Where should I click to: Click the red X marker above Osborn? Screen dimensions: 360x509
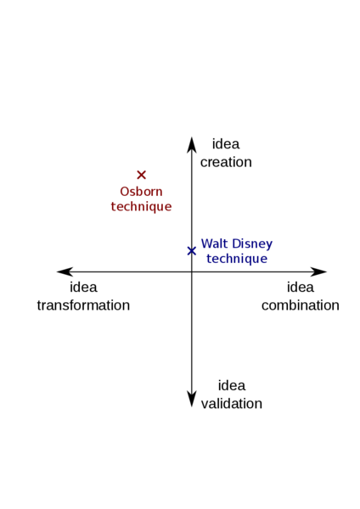pyautogui.click(x=141, y=175)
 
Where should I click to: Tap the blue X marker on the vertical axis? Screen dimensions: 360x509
pyautogui.click(x=192, y=251)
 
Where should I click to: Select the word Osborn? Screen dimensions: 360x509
pyautogui.click(x=141, y=192)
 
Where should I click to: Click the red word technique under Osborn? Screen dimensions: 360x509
pyautogui.click(x=141, y=207)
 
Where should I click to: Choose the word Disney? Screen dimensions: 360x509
pyautogui.click(x=252, y=244)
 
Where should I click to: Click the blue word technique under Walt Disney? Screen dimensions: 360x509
pyautogui.click(x=237, y=259)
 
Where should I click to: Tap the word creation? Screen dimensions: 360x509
pyautogui.click(x=226, y=162)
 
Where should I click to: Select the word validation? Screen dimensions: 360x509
pyautogui.click(x=232, y=404)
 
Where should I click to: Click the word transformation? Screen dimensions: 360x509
pyautogui.click(x=83, y=305)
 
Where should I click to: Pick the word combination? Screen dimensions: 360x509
pyautogui.click(x=301, y=305)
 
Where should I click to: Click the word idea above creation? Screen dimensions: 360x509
pyautogui.click(x=226, y=144)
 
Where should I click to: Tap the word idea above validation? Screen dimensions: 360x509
pyautogui.click(x=232, y=385)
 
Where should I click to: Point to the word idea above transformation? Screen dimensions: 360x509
pyautogui.click(x=83, y=287)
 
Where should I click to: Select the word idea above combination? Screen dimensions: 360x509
pyautogui.click(x=301, y=287)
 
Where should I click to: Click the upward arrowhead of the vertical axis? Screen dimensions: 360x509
pyautogui.click(x=192, y=144)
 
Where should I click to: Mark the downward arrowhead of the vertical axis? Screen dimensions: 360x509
pyautogui.click(x=192, y=400)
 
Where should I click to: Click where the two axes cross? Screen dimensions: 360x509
pyautogui.click(x=192, y=271)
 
